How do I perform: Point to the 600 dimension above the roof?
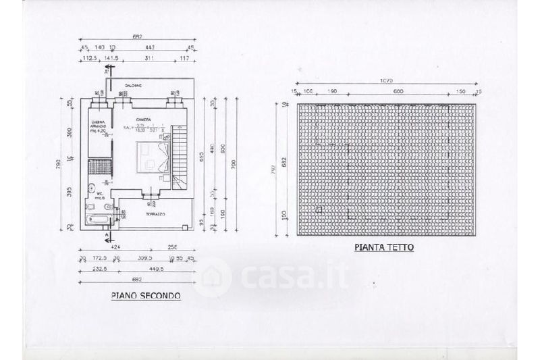click(x=398, y=91)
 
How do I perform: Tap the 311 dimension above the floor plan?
click(x=149, y=59)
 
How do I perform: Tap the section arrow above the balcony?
click(x=105, y=85)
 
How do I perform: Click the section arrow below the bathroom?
click(x=105, y=236)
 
